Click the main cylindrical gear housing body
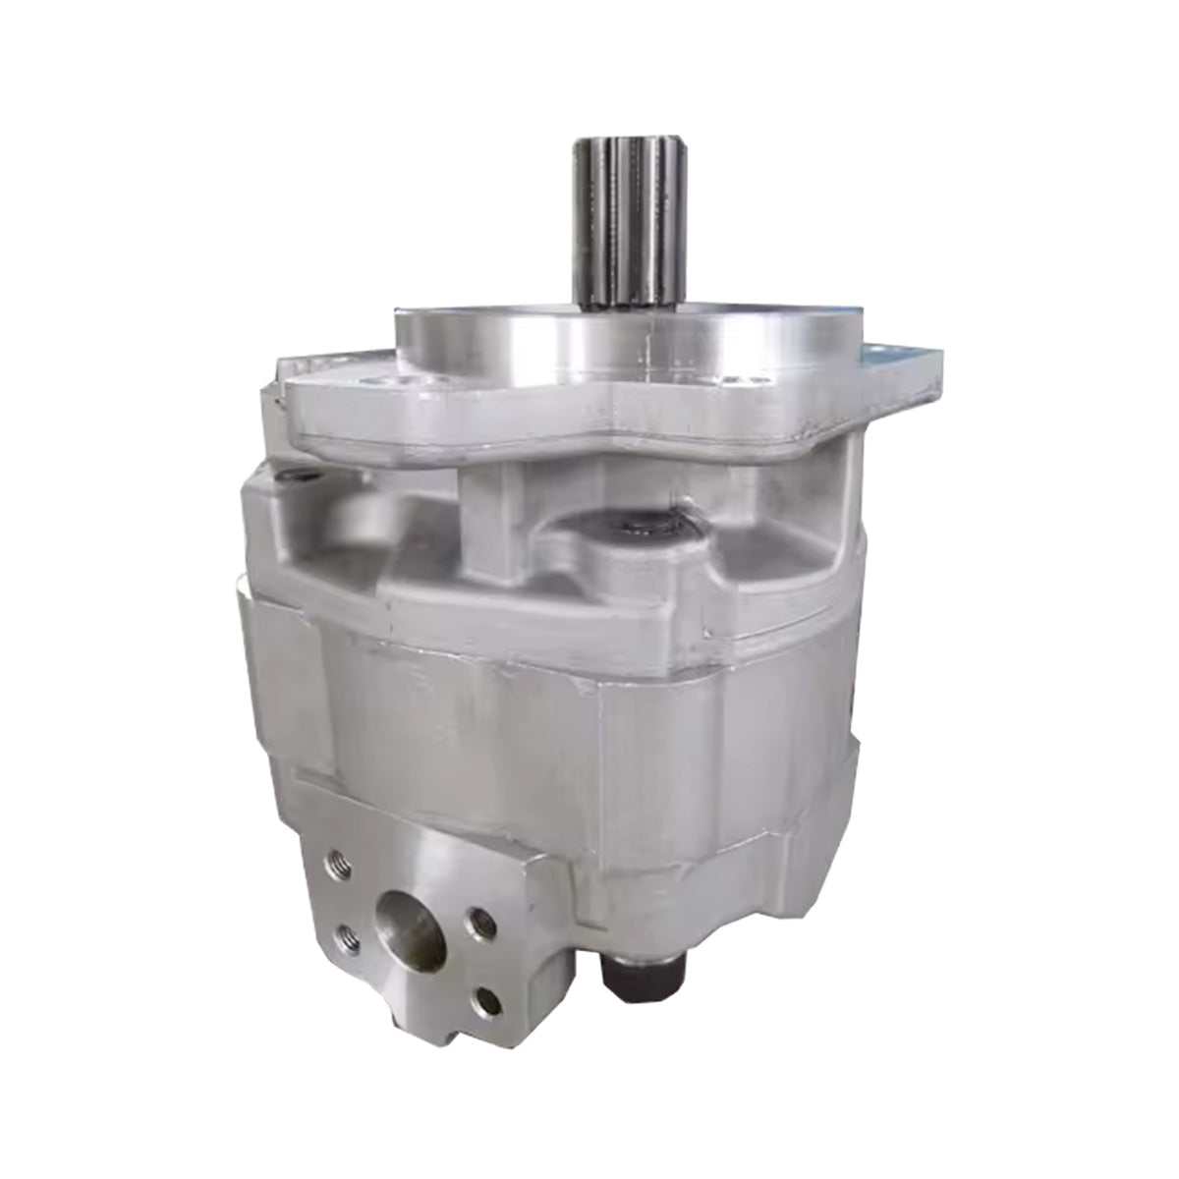(570, 727)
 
